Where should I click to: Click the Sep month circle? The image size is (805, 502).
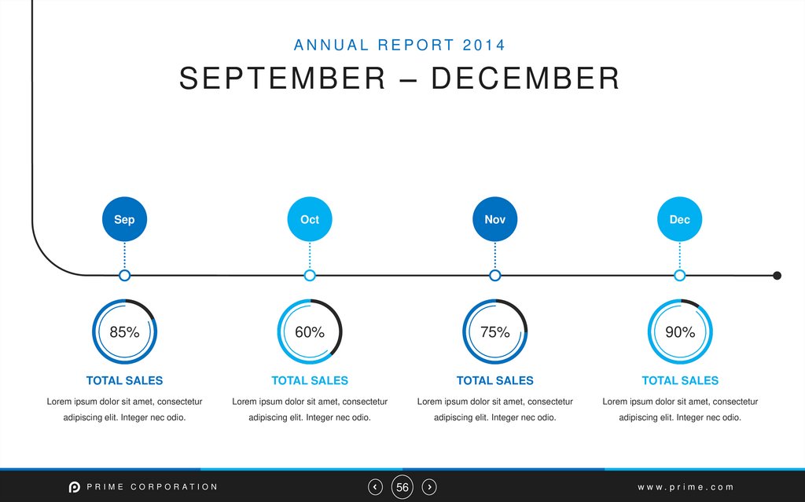click(x=124, y=219)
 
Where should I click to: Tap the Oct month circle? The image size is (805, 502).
click(x=310, y=219)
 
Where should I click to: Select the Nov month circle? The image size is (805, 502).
click(x=494, y=219)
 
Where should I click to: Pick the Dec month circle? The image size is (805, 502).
click(x=680, y=219)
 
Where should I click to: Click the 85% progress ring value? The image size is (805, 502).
click(x=124, y=332)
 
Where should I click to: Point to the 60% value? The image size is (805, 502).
click(x=310, y=332)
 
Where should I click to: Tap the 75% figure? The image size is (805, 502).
click(x=494, y=332)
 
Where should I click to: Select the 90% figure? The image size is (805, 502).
click(x=680, y=332)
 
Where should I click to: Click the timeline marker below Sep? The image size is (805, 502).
click(x=124, y=275)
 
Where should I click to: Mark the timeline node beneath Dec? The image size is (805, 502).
click(x=680, y=275)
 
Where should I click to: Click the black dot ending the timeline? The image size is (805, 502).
click(x=777, y=275)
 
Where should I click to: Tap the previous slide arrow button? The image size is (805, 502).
click(x=376, y=487)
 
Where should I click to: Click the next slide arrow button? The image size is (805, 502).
click(x=429, y=487)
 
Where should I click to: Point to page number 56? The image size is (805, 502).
click(x=402, y=488)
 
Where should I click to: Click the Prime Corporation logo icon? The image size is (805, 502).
click(x=75, y=487)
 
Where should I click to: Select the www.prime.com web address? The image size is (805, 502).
click(x=686, y=487)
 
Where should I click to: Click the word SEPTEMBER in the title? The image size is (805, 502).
click(x=282, y=79)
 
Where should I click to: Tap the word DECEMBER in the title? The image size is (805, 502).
click(x=525, y=79)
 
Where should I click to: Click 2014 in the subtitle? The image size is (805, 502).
click(x=484, y=45)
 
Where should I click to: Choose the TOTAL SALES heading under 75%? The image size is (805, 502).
click(x=494, y=380)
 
